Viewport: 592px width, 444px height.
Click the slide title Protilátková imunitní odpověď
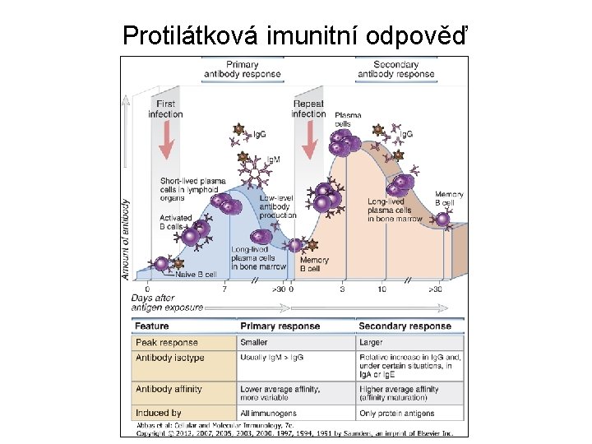pos(296,35)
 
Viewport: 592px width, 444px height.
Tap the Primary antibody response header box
pos(243,69)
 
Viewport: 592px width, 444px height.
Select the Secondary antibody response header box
pos(395,69)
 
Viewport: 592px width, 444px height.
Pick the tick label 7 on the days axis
pos(224,289)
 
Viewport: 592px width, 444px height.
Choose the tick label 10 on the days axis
pos(382,289)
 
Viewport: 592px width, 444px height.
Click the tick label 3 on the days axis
pos(342,289)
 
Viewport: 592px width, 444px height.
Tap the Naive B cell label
pos(196,275)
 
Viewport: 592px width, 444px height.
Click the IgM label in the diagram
pos(272,159)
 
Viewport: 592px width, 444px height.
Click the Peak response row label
pos(167,342)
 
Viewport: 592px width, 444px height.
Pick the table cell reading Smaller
pos(254,342)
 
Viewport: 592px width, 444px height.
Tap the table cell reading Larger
pos(372,342)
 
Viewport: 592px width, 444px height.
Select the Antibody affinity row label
pos(169,389)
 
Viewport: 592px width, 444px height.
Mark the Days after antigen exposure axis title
pos(167,303)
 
